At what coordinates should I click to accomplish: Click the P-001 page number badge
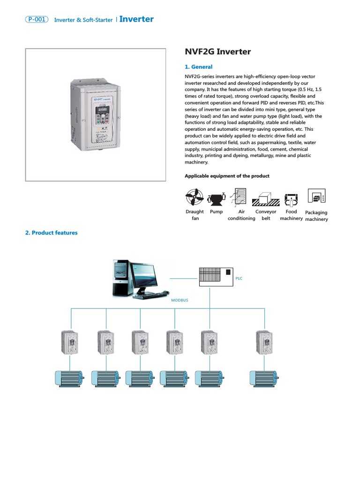(37, 20)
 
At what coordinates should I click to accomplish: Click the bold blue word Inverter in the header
(136, 19)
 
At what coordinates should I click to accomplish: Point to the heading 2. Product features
(52, 232)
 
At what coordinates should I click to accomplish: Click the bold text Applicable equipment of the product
(227, 176)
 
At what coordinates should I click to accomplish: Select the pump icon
(216, 199)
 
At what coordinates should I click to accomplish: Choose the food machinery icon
(292, 199)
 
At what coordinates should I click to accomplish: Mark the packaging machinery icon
(316, 197)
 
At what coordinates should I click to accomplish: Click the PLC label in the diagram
(239, 278)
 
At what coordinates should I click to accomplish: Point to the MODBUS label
(180, 300)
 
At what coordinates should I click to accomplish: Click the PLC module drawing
(215, 276)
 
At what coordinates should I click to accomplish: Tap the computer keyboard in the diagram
(151, 295)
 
